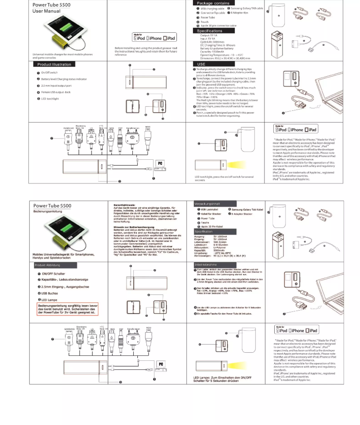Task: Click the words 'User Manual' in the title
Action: click(x=46, y=11)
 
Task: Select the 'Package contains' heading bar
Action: click(x=213, y=3)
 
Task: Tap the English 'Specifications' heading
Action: click(x=209, y=31)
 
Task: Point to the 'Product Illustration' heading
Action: click(x=53, y=65)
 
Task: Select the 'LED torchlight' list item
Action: click(x=50, y=99)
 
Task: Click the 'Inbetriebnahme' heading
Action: click(x=206, y=265)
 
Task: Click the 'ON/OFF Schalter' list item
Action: click(x=53, y=273)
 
